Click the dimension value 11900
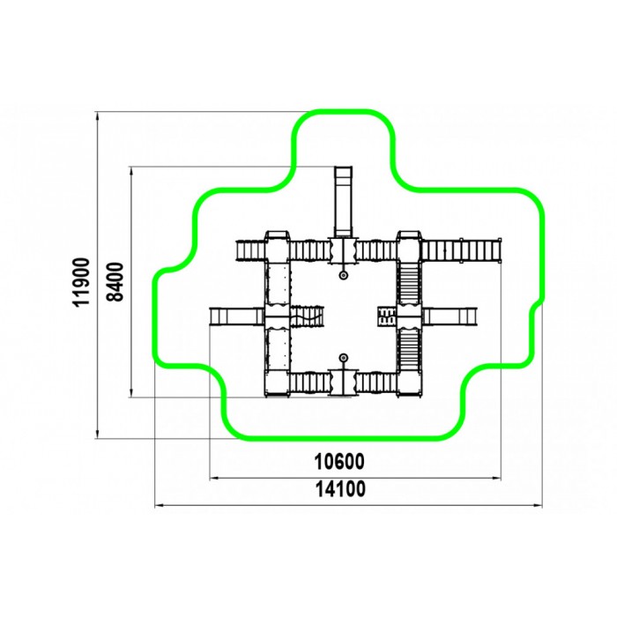[82, 282]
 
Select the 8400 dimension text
[115, 281]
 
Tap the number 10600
[339, 462]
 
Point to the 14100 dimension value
[340, 489]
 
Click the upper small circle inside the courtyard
[344, 275]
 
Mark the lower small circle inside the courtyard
[344, 358]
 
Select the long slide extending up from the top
[343, 202]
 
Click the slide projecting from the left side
[236, 316]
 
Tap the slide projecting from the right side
[450, 316]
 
